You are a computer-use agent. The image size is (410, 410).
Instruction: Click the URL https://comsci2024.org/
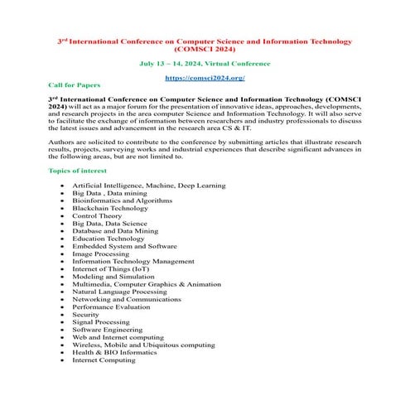tap(205, 77)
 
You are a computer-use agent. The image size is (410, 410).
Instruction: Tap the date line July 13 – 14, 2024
tap(205, 63)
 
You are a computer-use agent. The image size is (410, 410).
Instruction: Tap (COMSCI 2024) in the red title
tap(205, 49)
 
